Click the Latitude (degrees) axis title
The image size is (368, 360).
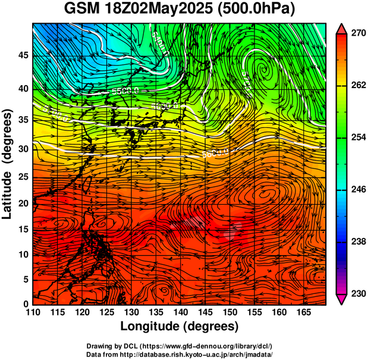pyautogui.click(x=8, y=164)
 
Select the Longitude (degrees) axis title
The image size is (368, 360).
pyautogui.click(x=179, y=327)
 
